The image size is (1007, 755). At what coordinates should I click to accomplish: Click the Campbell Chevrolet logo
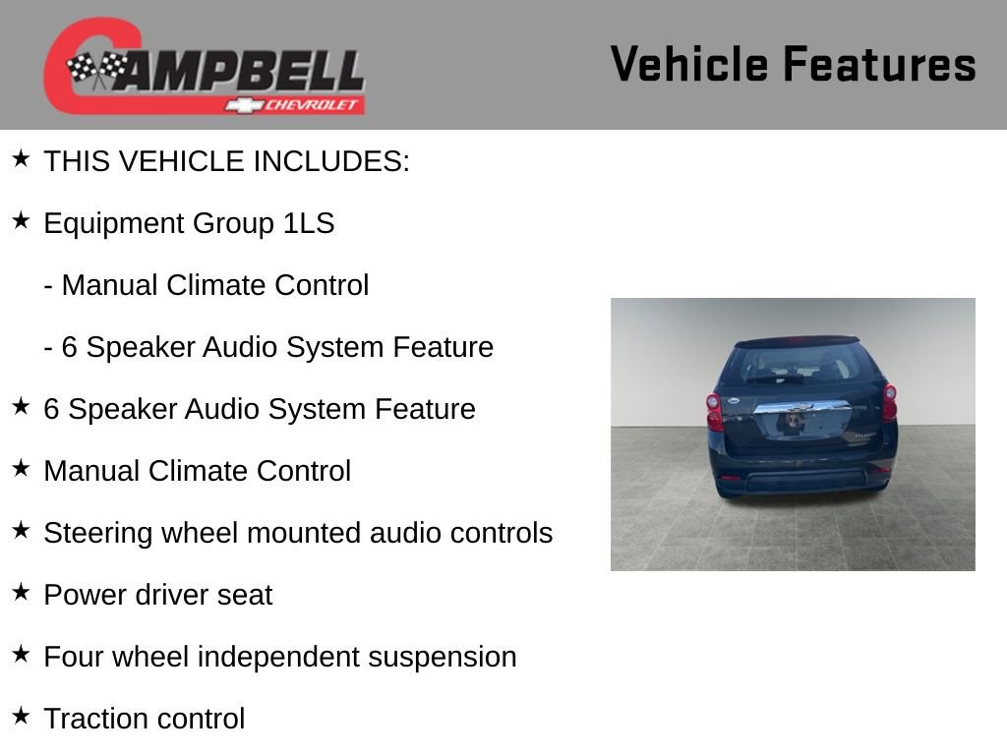(x=204, y=67)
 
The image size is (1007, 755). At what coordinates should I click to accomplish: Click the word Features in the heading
(x=879, y=65)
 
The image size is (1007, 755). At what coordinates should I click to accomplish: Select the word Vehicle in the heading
(x=689, y=65)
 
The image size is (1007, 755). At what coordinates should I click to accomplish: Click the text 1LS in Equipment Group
(x=309, y=224)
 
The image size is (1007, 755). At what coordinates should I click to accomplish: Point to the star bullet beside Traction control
(x=21, y=717)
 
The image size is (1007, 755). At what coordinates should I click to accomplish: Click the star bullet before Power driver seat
(x=21, y=593)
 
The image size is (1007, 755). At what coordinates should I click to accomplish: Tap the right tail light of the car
(x=889, y=402)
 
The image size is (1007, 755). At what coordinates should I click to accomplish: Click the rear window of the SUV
(x=799, y=365)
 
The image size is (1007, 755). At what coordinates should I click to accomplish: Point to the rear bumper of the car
(x=801, y=479)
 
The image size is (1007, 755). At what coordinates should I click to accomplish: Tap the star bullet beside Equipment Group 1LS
(x=21, y=221)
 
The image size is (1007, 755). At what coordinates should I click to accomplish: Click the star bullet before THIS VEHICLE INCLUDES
(x=21, y=159)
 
